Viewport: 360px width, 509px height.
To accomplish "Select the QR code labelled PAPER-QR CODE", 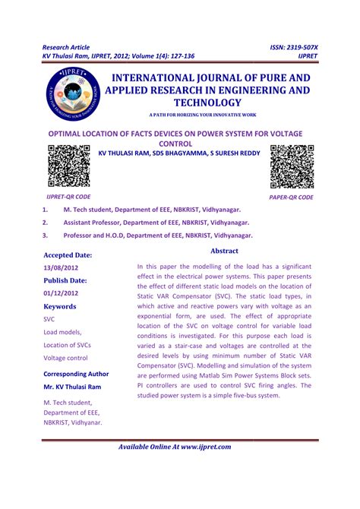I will tap(291, 165).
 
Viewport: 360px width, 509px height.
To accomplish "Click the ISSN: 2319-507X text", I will tap(294, 47).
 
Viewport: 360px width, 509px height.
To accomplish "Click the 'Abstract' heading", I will tap(224, 251).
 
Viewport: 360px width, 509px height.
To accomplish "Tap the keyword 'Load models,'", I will tap(62, 332).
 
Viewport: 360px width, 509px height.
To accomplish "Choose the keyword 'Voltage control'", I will tap(65, 358).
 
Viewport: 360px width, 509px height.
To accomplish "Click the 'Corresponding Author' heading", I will tap(76, 374).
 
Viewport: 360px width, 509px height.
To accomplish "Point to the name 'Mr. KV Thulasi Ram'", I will tap(74, 387).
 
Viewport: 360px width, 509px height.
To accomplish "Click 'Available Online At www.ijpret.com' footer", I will tap(180, 447).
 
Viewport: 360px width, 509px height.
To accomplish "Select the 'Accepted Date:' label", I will tap(68, 255).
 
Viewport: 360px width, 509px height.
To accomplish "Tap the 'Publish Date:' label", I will tap(65, 280).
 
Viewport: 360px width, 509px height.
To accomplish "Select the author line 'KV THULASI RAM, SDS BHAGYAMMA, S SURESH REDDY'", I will tap(179, 153).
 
